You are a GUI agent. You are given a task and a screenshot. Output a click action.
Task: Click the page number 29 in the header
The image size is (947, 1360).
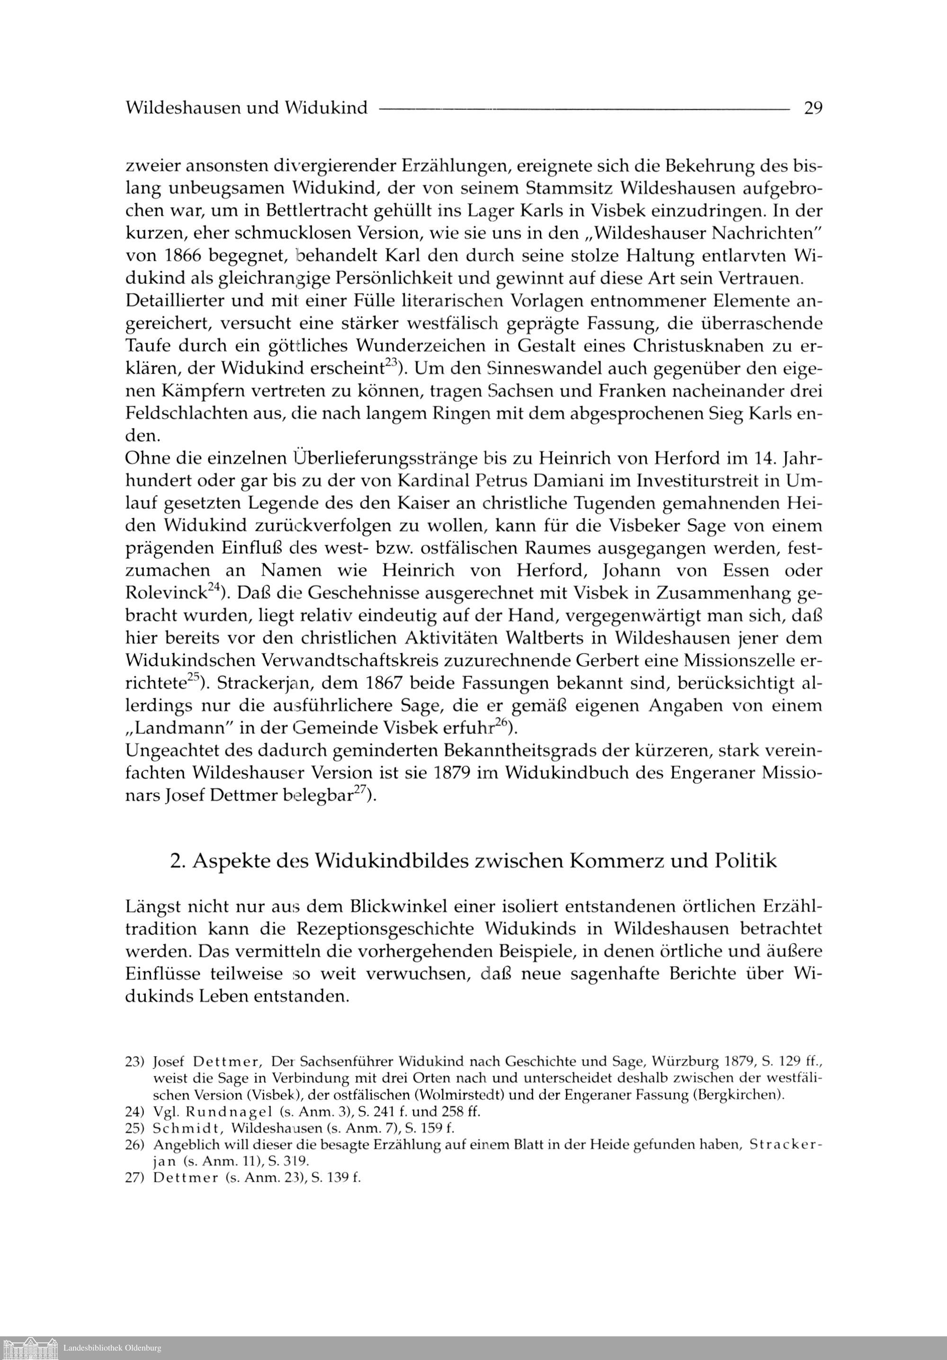pos(813,108)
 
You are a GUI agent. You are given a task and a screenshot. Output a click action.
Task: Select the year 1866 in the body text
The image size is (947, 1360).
pos(178,256)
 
